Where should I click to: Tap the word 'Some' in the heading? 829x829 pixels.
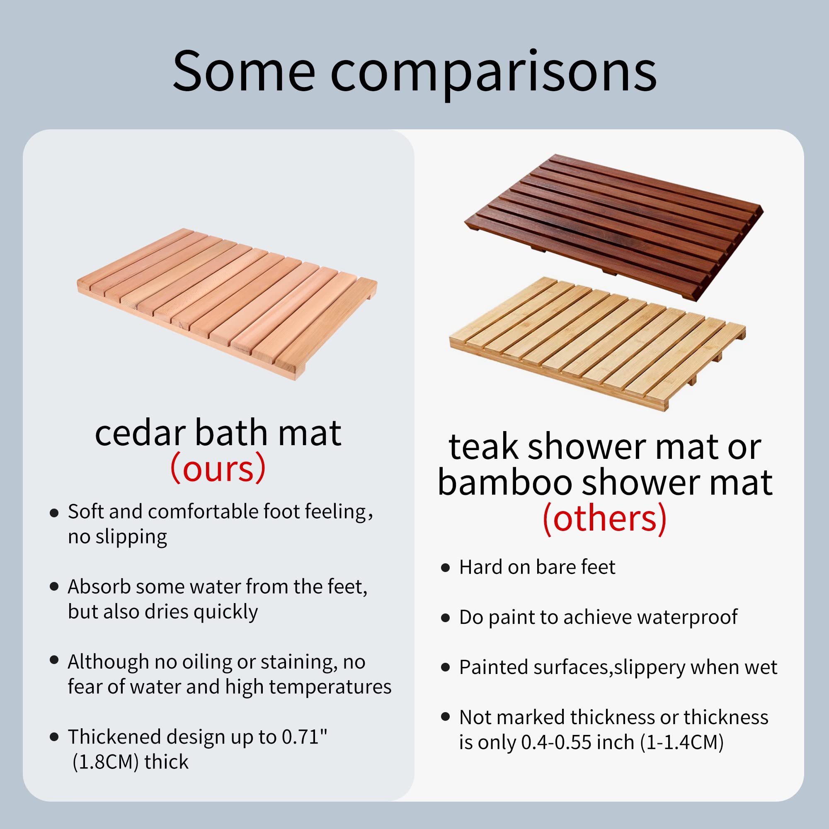244,71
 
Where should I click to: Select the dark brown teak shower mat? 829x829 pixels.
613,225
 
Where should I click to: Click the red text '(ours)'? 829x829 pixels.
218,468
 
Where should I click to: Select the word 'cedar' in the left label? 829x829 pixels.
141,434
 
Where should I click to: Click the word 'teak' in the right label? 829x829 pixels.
484,448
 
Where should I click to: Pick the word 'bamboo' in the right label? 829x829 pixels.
504,483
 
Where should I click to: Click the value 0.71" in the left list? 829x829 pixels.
304,737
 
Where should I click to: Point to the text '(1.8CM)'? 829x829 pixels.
106,762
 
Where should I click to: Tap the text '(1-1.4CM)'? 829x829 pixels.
682,742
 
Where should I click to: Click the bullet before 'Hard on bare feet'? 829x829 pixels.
446,568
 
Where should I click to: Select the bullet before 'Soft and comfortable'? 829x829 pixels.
54,513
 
